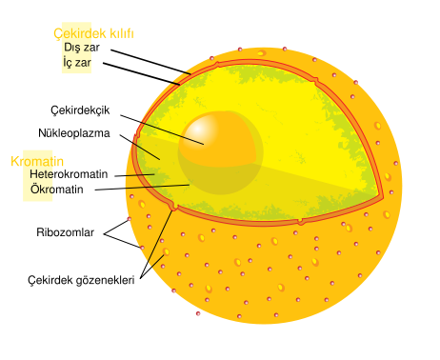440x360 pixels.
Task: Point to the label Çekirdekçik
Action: click(x=79, y=110)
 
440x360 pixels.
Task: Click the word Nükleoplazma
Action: click(x=75, y=133)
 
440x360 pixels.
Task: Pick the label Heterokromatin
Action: click(x=71, y=175)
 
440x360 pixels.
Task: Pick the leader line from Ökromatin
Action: click(x=143, y=188)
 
